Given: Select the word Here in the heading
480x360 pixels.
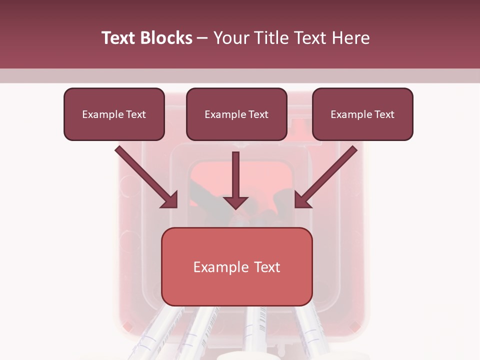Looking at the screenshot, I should (350, 38).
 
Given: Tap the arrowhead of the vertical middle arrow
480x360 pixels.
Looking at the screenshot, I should (235, 202).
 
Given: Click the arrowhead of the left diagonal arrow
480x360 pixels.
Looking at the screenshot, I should (170, 200).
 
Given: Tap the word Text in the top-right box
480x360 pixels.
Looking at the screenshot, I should (384, 114).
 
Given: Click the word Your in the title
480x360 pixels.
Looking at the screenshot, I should (230, 38).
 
